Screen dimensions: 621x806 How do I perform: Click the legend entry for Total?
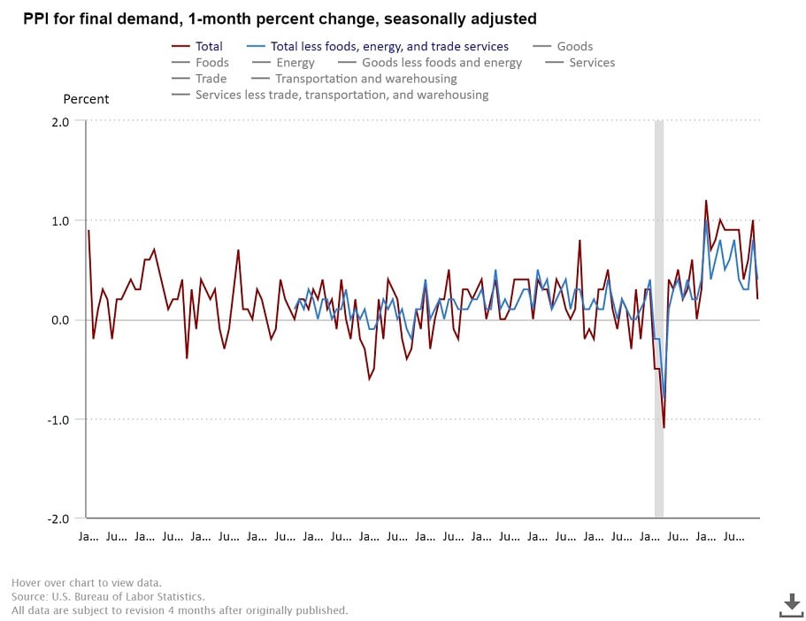pos(209,46)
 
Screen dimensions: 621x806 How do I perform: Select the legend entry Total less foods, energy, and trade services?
pos(388,46)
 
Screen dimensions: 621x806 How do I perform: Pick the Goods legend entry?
pos(575,46)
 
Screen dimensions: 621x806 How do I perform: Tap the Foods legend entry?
pos(212,63)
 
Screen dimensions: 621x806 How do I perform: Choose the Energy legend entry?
pos(296,63)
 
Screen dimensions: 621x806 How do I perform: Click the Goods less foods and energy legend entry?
pos(441,63)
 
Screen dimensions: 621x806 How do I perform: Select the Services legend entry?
pos(592,63)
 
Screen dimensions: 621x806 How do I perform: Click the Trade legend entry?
pos(211,79)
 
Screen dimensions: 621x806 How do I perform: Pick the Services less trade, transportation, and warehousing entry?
pos(342,95)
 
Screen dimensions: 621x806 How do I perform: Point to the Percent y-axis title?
pos(86,99)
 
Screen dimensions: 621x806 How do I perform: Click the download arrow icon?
pos(791,604)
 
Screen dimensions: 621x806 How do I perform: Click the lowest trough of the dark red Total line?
pos(664,428)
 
